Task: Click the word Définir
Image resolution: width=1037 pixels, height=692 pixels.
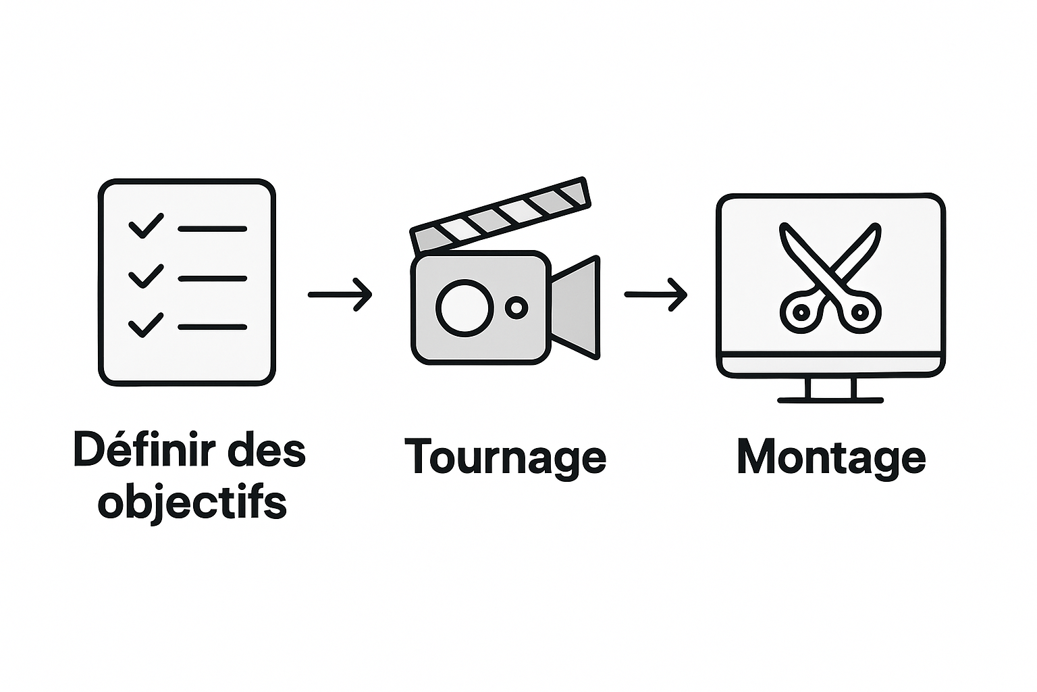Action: (x=145, y=450)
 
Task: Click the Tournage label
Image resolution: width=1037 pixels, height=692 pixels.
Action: (x=505, y=457)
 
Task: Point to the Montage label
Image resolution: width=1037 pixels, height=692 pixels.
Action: (x=830, y=457)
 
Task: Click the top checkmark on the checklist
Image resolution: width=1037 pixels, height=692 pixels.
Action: (x=145, y=226)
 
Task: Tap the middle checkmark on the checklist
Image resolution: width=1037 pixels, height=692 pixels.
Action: (x=145, y=276)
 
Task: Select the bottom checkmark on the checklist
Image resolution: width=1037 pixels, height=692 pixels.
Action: (x=145, y=325)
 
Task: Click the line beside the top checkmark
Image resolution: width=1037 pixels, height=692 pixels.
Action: (x=212, y=229)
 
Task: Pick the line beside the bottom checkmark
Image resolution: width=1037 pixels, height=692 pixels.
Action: (x=212, y=327)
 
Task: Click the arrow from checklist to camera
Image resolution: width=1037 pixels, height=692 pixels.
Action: (x=340, y=295)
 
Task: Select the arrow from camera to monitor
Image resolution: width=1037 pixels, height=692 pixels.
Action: (x=656, y=295)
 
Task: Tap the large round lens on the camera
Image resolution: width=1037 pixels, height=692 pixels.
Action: (x=464, y=307)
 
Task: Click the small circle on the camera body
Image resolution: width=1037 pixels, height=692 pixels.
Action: (x=516, y=308)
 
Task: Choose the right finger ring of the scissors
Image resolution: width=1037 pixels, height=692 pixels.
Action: (x=860, y=312)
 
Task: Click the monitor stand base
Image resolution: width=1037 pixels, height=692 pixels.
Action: (x=830, y=400)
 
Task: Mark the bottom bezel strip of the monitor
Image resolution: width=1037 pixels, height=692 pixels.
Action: (x=830, y=366)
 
